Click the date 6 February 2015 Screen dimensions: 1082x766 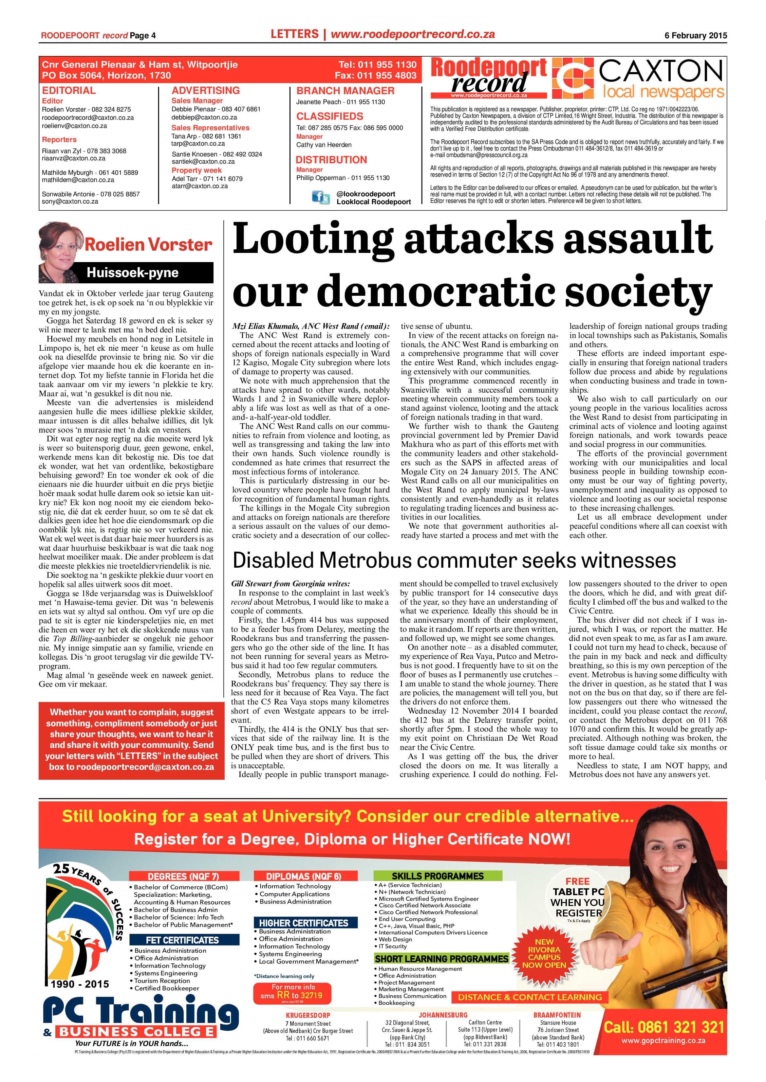click(x=696, y=35)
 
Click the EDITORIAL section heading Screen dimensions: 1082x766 click(x=69, y=91)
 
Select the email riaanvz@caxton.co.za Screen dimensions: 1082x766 click(x=74, y=158)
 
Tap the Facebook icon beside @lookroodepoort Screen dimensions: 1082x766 click(x=320, y=197)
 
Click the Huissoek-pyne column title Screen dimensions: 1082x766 click(x=133, y=273)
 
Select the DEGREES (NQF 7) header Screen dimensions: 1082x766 click(x=183, y=876)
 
